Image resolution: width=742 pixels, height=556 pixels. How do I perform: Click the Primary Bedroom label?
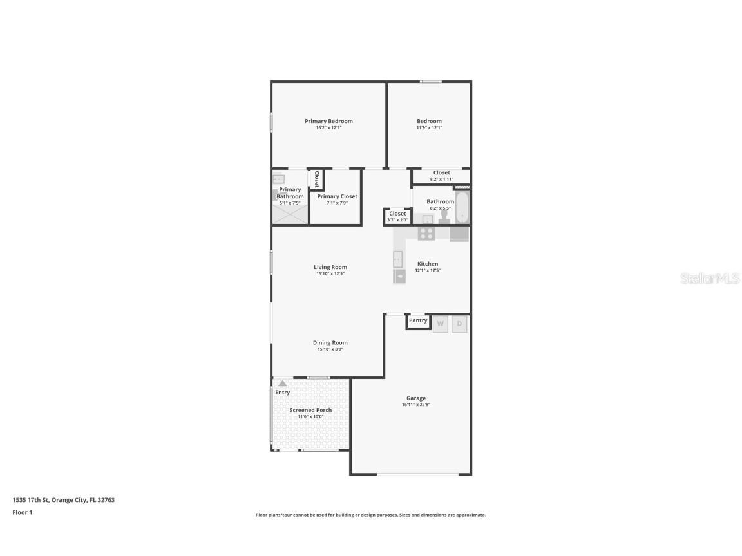click(x=328, y=121)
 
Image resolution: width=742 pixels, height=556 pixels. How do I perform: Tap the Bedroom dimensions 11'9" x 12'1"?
click(x=429, y=128)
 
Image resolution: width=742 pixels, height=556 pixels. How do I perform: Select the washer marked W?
click(x=440, y=324)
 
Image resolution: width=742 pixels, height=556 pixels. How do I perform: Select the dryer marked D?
click(x=459, y=324)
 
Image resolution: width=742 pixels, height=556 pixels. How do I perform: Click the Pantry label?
click(x=418, y=320)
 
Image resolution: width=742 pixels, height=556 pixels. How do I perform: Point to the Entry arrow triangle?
click(x=282, y=383)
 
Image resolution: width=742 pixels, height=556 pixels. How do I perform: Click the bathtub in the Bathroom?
click(x=462, y=207)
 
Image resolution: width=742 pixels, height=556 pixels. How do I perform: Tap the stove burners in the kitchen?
click(x=426, y=234)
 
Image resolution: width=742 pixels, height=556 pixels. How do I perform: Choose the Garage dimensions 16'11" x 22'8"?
click(x=415, y=405)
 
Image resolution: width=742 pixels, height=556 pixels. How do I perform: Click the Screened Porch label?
click(x=310, y=410)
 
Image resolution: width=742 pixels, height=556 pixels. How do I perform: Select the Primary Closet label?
click(x=337, y=196)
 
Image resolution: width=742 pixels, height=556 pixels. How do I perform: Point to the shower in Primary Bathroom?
click(x=290, y=213)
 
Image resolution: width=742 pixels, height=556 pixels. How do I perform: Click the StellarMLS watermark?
click(x=710, y=278)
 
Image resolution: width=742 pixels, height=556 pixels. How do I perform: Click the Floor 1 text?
click(x=22, y=513)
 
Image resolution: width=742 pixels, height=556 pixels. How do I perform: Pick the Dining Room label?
click(x=330, y=343)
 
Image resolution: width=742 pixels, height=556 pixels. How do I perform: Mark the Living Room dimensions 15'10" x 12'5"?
click(x=330, y=274)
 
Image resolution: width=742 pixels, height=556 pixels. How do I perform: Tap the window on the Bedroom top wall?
click(x=431, y=81)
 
